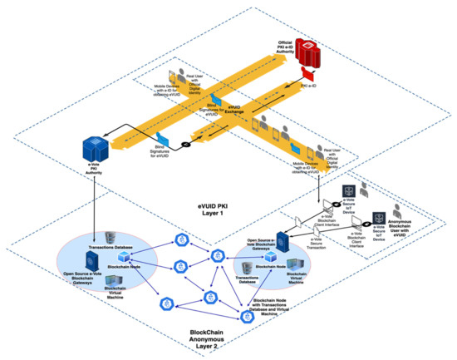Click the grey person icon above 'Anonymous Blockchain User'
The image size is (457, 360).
tap(405, 210)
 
